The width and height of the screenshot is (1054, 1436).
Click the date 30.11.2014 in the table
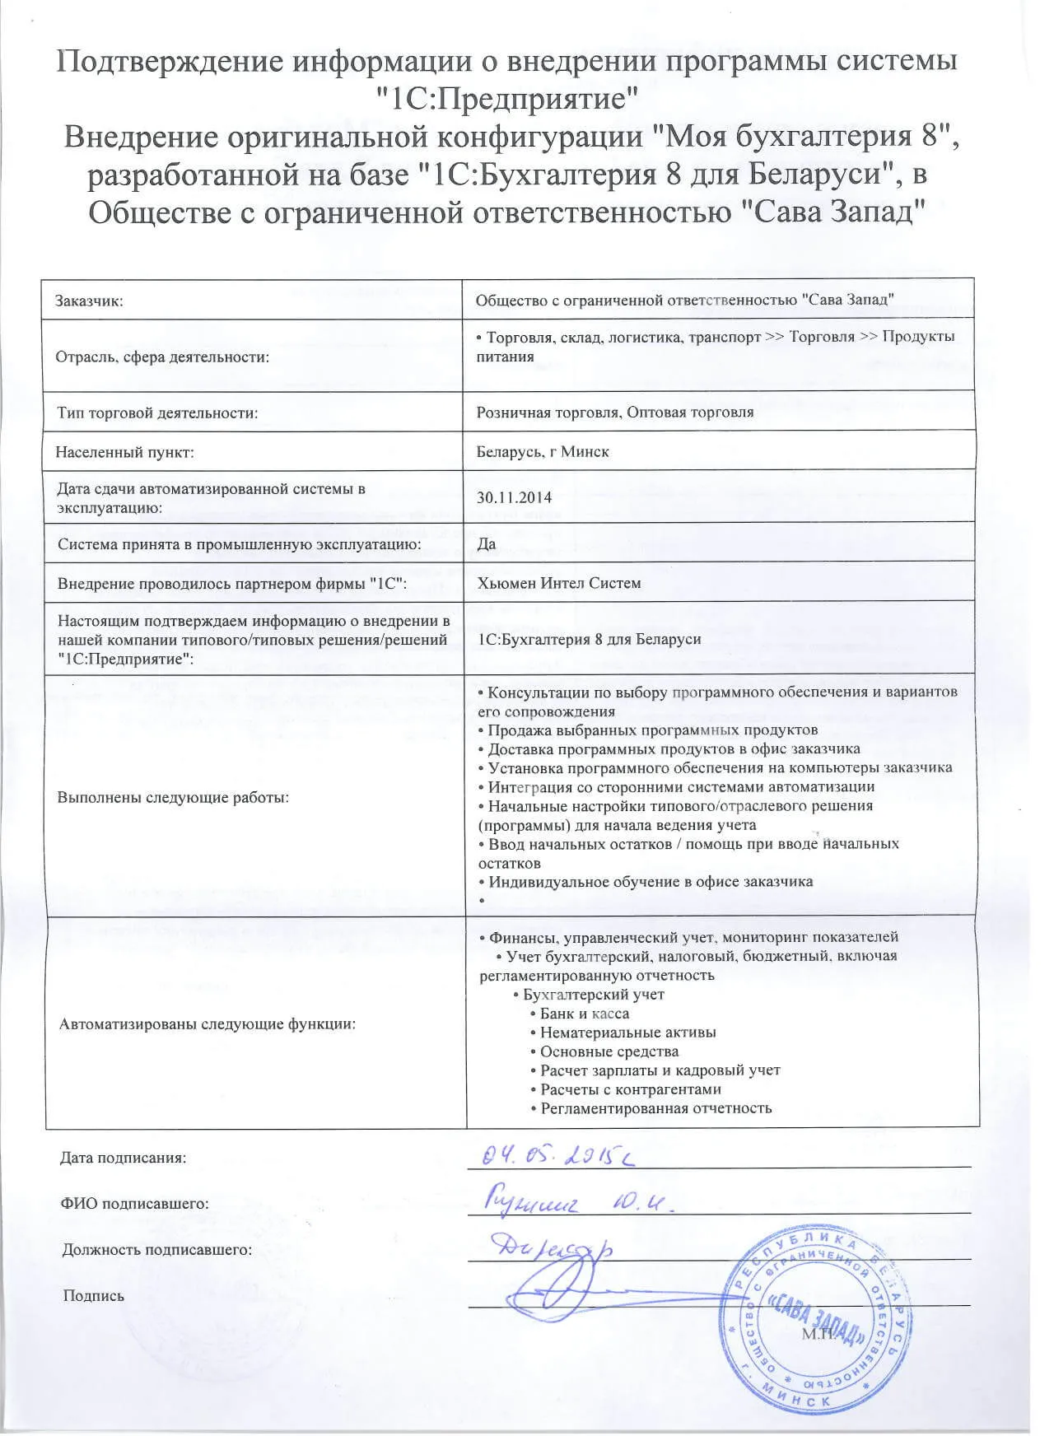[514, 497]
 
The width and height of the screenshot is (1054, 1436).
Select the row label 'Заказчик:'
[89, 301]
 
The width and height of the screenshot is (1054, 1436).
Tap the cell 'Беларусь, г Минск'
[543, 452]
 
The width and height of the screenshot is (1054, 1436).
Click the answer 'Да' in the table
[486, 543]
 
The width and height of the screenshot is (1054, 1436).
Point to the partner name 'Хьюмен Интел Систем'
[558, 583]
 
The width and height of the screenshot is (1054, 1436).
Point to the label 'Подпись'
[93, 1296]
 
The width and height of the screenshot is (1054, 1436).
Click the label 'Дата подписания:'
[123, 1158]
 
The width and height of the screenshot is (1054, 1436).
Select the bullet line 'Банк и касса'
[584, 1014]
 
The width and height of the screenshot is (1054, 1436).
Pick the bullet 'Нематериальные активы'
[627, 1033]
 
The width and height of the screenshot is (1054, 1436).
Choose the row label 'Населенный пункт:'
[124, 452]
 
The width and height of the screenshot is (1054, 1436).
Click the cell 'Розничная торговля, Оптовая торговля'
[614, 412]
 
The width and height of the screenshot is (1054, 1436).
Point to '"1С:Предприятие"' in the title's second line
[506, 100]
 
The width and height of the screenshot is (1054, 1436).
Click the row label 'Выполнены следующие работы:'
[173, 797]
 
